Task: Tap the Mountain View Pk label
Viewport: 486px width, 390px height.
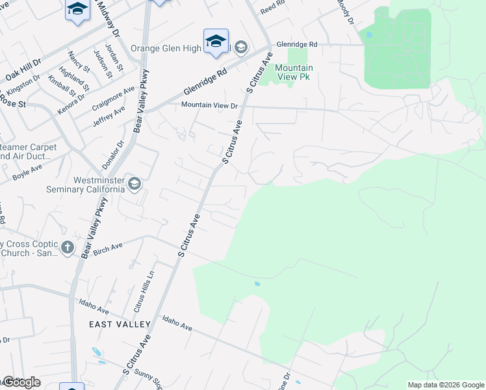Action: pyautogui.click(x=294, y=72)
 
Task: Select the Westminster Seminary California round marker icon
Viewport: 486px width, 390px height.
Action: pyautogui.click(x=134, y=184)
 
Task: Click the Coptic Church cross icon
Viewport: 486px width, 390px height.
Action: pyautogui.click(x=67, y=247)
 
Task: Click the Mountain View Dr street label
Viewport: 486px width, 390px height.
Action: pyautogui.click(x=210, y=105)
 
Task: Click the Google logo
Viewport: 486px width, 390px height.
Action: pyautogui.click(x=21, y=382)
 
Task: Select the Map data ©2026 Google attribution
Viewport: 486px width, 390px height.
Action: pyautogui.click(x=445, y=385)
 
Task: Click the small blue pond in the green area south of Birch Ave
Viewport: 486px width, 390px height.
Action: pyautogui.click(x=258, y=283)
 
